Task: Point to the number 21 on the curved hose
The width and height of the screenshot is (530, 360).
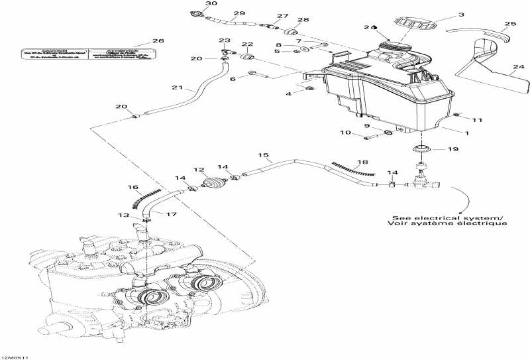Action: tap(176, 88)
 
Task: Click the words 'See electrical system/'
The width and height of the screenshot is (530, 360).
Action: tap(447, 218)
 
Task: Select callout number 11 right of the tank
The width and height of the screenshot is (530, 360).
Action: tap(478, 119)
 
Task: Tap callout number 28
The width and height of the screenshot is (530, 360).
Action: tap(303, 20)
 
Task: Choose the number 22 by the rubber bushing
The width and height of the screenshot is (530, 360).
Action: tap(247, 44)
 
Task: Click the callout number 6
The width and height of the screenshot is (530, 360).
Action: tap(233, 78)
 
